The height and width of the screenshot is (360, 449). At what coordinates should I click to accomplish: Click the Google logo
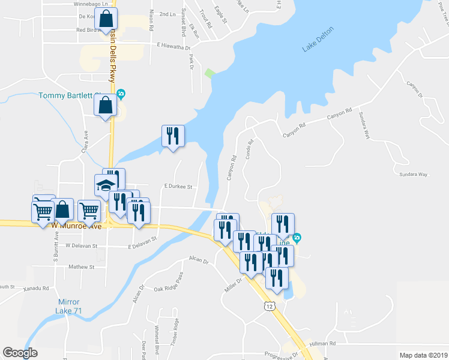point(20,352)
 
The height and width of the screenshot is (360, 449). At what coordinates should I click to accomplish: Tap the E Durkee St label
point(178,187)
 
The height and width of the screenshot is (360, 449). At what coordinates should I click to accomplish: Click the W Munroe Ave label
point(77,226)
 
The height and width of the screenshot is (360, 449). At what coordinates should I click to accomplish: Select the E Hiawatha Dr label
point(173,46)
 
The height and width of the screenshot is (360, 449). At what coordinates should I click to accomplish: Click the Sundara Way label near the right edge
point(414,174)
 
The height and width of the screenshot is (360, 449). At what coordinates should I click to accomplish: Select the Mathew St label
point(82,266)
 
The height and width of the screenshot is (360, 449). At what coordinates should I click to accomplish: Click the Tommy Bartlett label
point(75,95)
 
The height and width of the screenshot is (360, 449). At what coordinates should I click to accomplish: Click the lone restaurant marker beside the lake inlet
point(173,136)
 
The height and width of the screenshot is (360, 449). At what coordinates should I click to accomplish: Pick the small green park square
point(209,73)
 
